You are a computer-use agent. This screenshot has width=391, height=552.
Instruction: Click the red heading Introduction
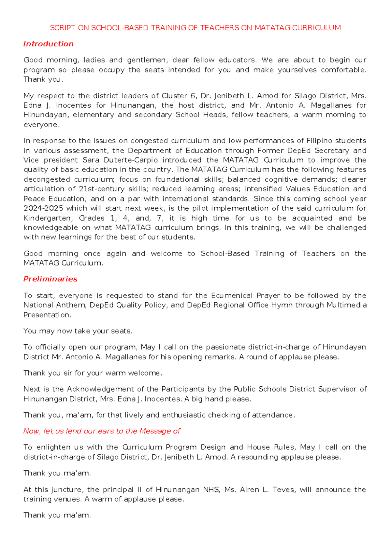pyautogui.click(x=48, y=44)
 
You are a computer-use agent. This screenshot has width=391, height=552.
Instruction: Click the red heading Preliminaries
pyautogui.click(x=50, y=279)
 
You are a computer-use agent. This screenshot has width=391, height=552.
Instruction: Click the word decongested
pyautogui.click(x=47, y=180)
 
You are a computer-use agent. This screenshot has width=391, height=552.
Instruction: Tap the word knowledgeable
pyautogui.click(x=51, y=228)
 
